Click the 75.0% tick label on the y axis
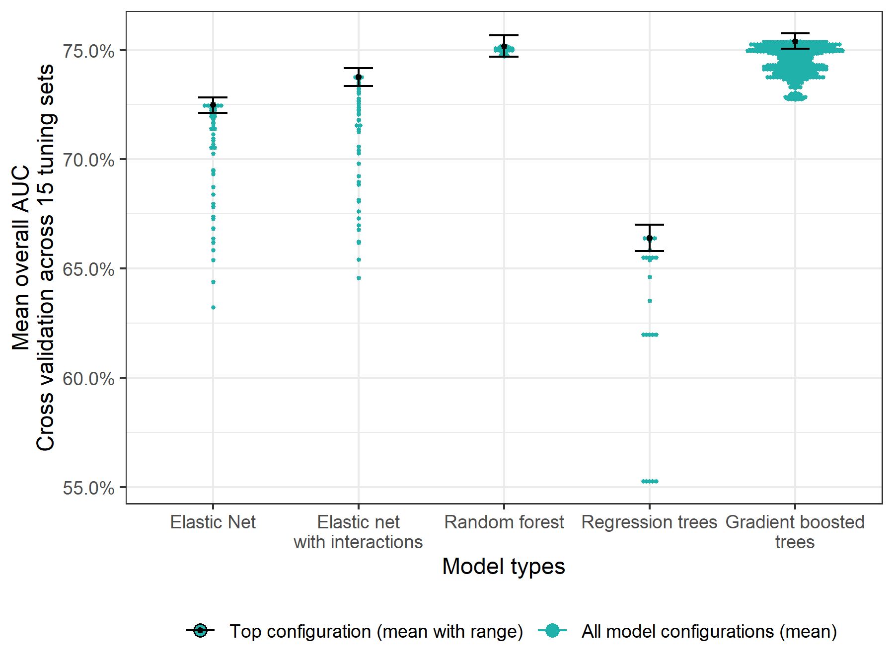click(x=88, y=51)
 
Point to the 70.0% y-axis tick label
click(x=88, y=160)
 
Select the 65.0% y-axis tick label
click(x=88, y=269)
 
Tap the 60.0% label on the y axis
click(x=88, y=379)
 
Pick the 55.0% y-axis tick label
click(x=88, y=488)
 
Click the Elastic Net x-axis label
click(x=213, y=522)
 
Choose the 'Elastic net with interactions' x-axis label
click(x=358, y=532)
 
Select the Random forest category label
click(x=504, y=522)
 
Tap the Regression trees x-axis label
click(x=649, y=522)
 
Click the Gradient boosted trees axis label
click(x=795, y=532)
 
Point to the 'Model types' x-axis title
click(x=504, y=567)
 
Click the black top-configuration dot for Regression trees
click(x=650, y=238)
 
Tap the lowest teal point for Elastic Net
click(x=213, y=308)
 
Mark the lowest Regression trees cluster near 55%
click(x=650, y=481)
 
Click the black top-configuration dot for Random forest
click(x=504, y=46)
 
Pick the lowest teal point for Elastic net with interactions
click(x=359, y=278)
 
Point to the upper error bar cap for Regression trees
click(x=649, y=225)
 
